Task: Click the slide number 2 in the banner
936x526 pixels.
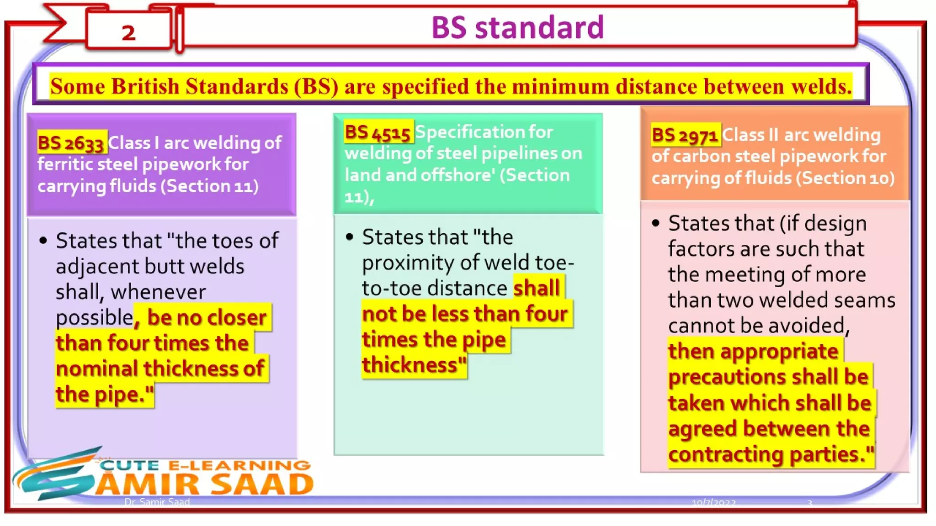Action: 128,33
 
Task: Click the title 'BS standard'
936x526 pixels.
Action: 517,27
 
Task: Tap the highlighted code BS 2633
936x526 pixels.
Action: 71,143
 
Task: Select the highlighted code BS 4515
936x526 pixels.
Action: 378,133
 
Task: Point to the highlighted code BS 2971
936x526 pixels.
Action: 685,136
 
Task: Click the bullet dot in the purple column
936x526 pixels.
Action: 43,241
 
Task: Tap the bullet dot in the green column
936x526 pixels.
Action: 350,237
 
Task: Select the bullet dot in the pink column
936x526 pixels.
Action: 656,223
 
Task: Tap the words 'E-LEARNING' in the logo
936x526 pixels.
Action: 239,465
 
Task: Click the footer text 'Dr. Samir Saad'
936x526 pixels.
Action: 157,502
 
